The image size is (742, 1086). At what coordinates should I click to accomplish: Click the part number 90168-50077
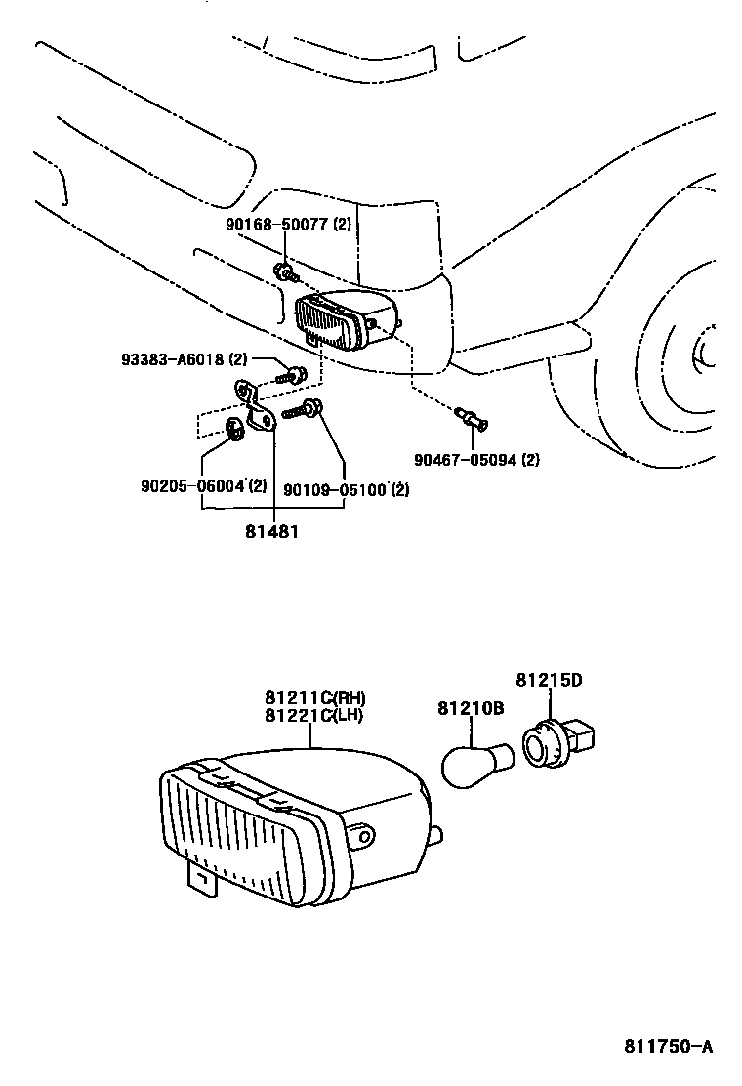tap(277, 225)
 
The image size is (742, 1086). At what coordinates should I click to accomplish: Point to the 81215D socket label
tap(549, 679)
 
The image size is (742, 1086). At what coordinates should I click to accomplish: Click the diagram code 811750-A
tap(669, 1047)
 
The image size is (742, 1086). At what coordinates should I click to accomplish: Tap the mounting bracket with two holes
tap(255, 406)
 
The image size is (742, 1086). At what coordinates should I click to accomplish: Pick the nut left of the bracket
tap(234, 428)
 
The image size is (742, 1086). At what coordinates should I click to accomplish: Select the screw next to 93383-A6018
tap(291, 373)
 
